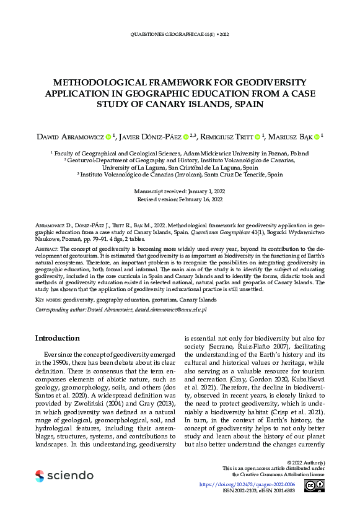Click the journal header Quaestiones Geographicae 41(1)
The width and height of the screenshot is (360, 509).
179,35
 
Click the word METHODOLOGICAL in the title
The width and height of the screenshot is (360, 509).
96,82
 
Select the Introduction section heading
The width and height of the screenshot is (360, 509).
57,338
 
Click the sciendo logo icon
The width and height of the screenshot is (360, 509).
40,476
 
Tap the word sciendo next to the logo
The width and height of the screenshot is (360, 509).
69,476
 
